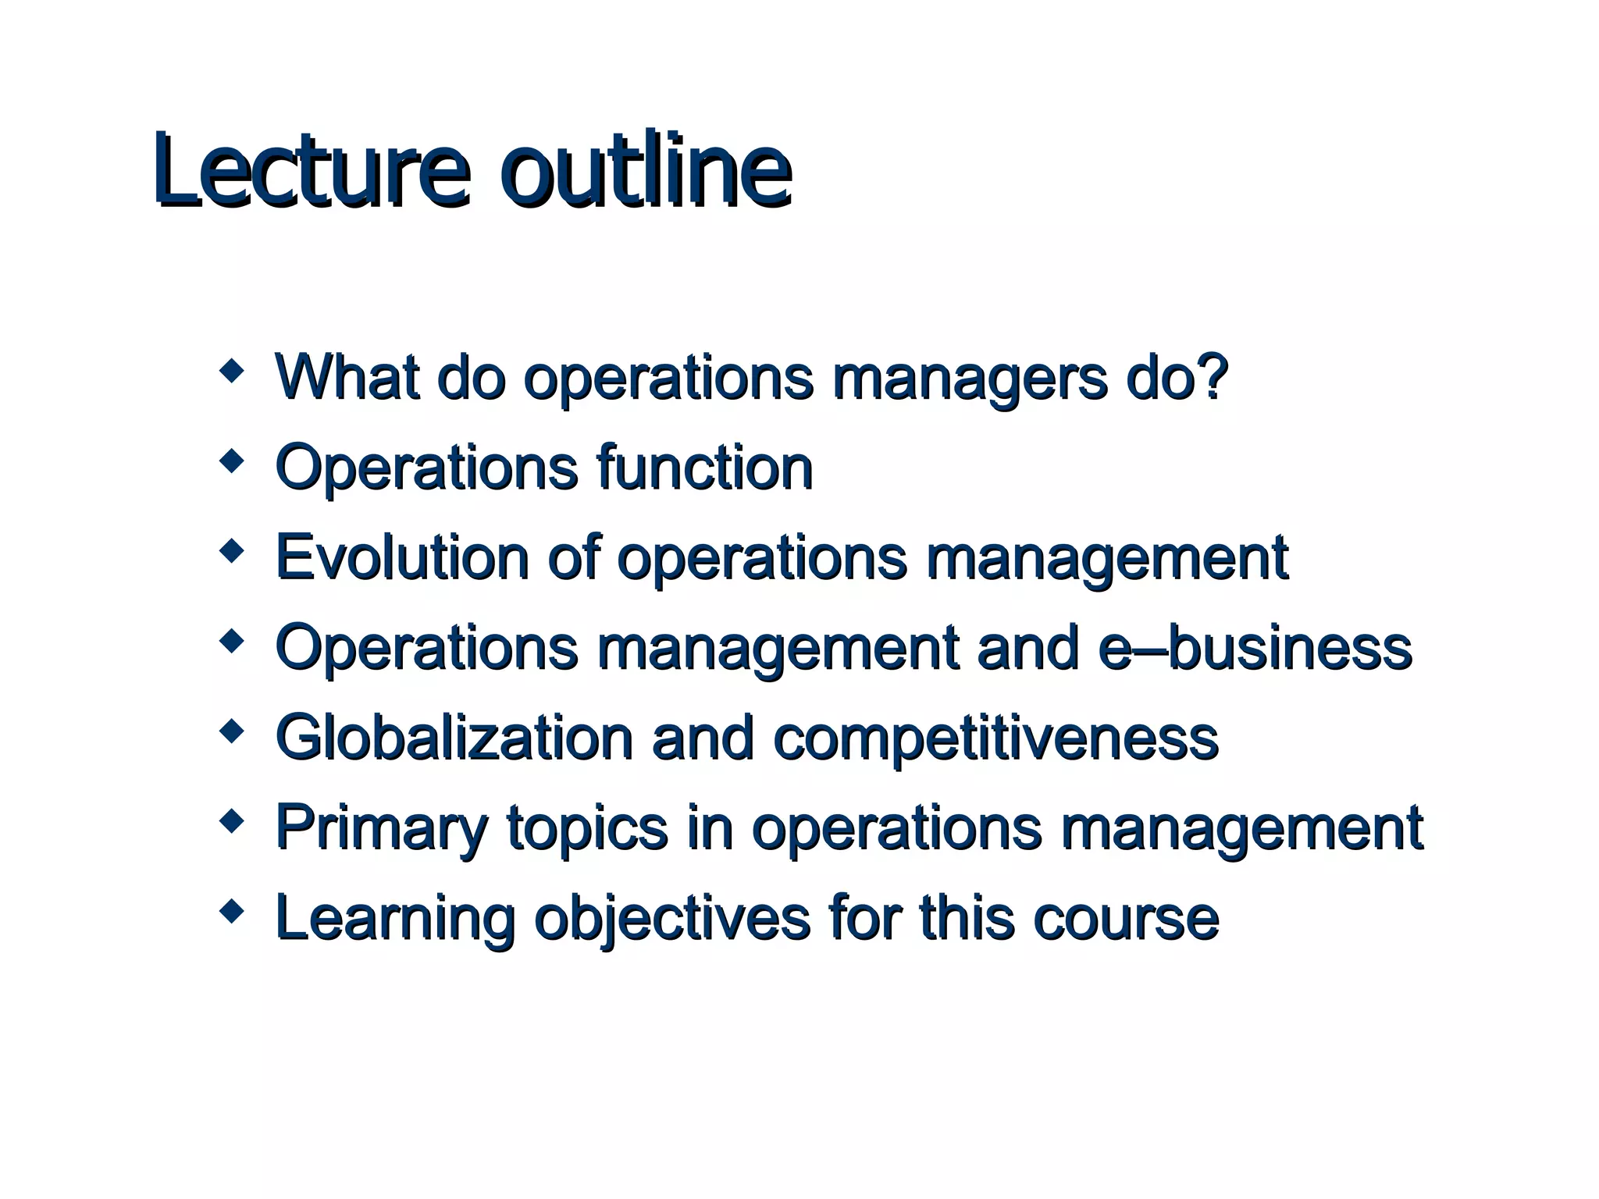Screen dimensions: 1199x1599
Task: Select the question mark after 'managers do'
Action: coord(1212,376)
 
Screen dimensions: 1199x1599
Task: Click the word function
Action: coord(703,468)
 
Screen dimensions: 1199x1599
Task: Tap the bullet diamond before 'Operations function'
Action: coord(231,461)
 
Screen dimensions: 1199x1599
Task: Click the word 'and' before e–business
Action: coord(1027,648)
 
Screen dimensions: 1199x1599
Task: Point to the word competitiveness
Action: coord(995,738)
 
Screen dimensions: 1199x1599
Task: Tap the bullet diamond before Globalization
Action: coord(231,731)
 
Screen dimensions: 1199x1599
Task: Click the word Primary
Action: coord(382,829)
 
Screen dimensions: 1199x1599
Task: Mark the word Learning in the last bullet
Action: coord(395,919)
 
